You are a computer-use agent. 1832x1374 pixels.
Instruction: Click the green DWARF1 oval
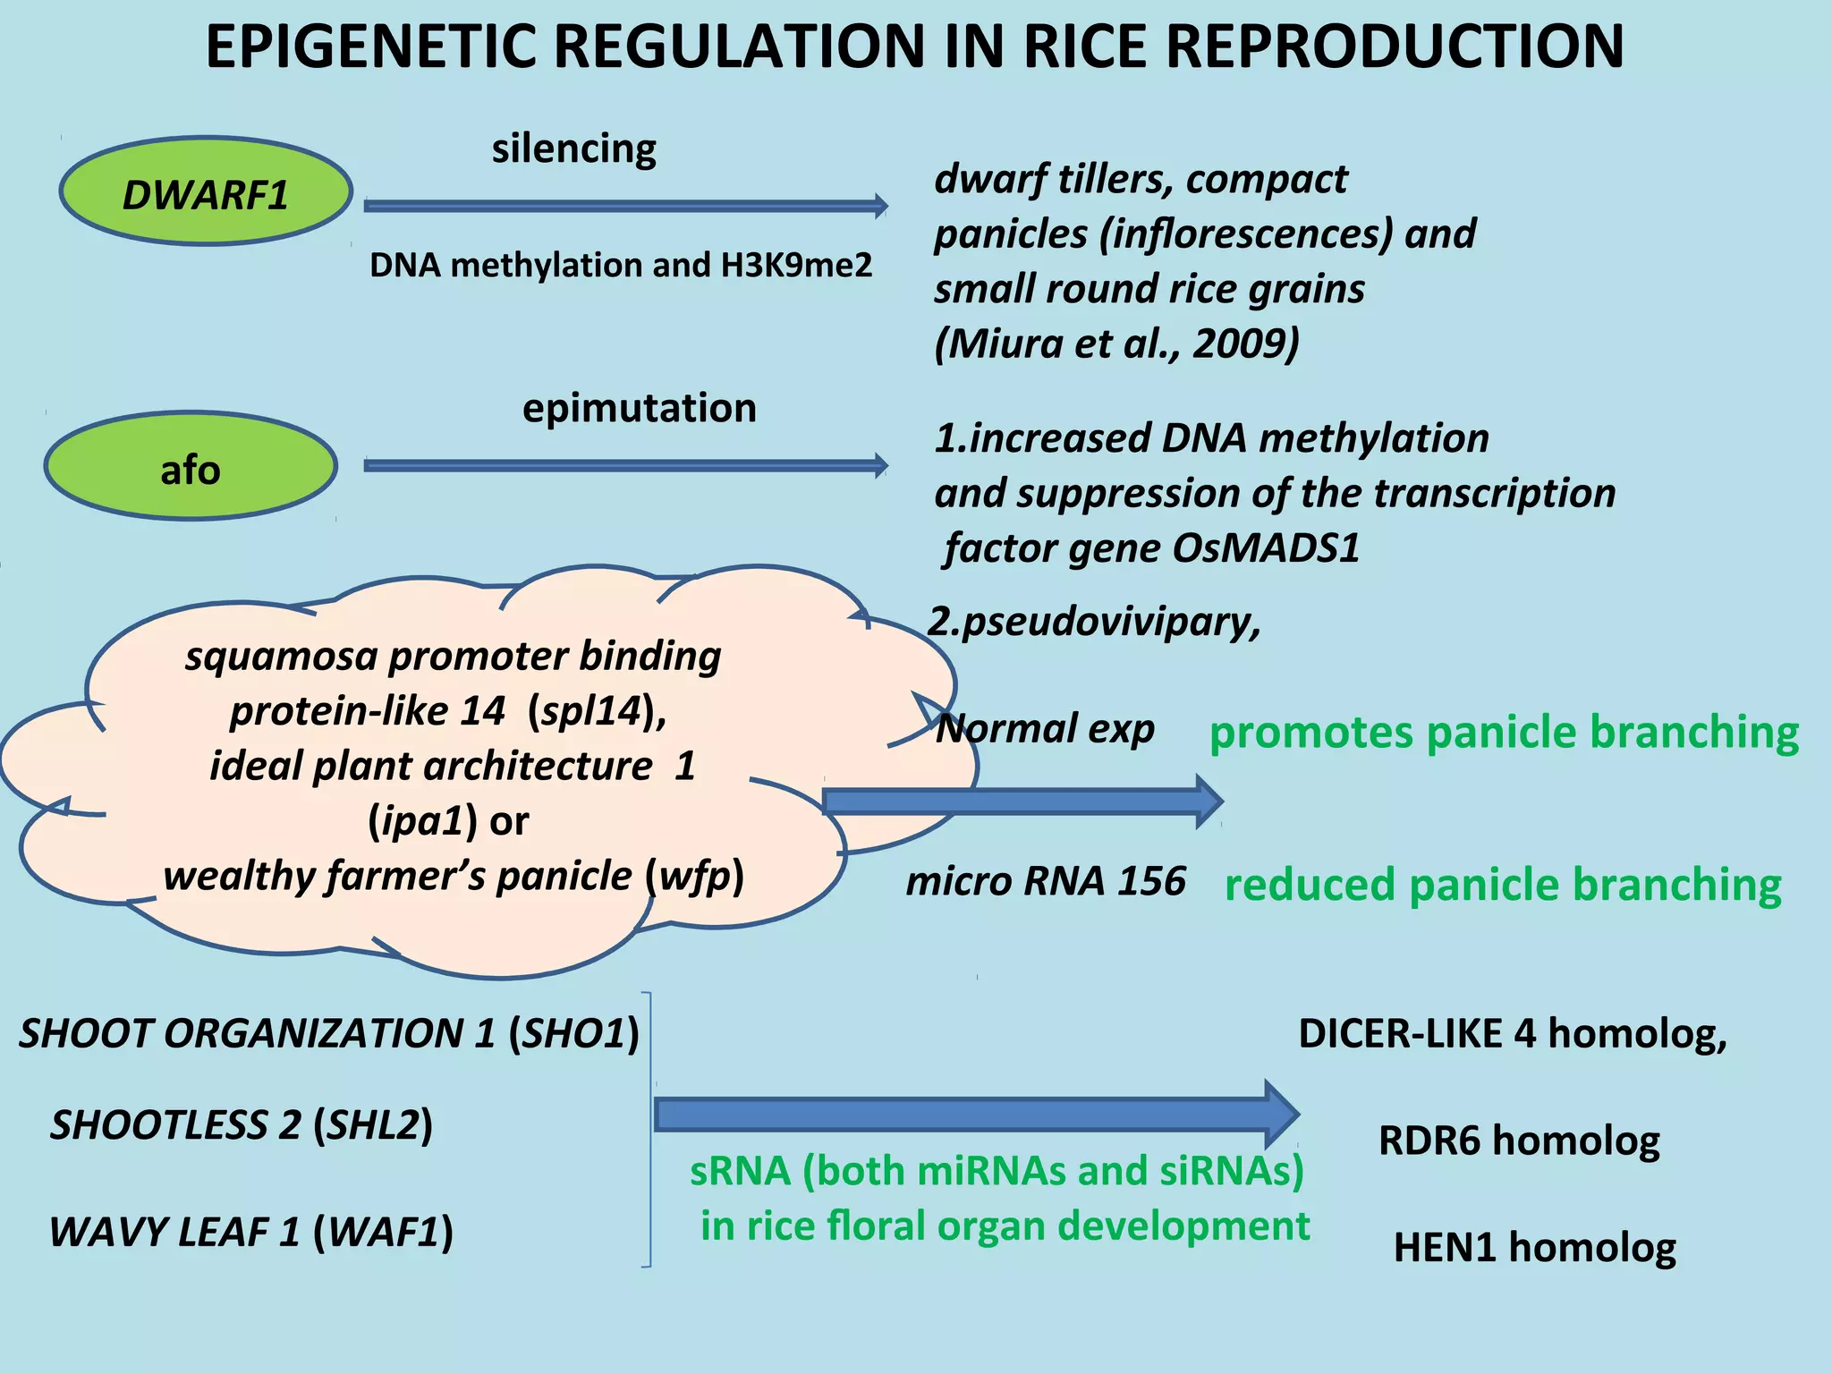click(206, 191)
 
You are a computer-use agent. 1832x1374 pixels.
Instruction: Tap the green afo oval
click(191, 466)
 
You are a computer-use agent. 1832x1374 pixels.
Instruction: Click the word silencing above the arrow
click(573, 148)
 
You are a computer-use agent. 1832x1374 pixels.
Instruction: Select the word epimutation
click(639, 408)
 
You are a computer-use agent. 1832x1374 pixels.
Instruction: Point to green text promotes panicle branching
click(1504, 732)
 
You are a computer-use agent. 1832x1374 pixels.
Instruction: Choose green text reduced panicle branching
click(1503, 885)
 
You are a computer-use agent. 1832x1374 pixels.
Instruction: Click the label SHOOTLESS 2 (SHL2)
click(242, 1124)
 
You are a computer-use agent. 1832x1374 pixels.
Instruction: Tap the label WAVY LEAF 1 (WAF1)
click(251, 1232)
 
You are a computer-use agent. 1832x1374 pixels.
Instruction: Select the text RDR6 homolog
click(1519, 1141)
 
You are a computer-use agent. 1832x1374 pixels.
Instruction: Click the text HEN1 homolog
click(1534, 1247)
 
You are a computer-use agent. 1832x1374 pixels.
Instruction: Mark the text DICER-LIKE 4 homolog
click(1512, 1033)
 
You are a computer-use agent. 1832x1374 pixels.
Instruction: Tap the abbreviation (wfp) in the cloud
click(694, 877)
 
